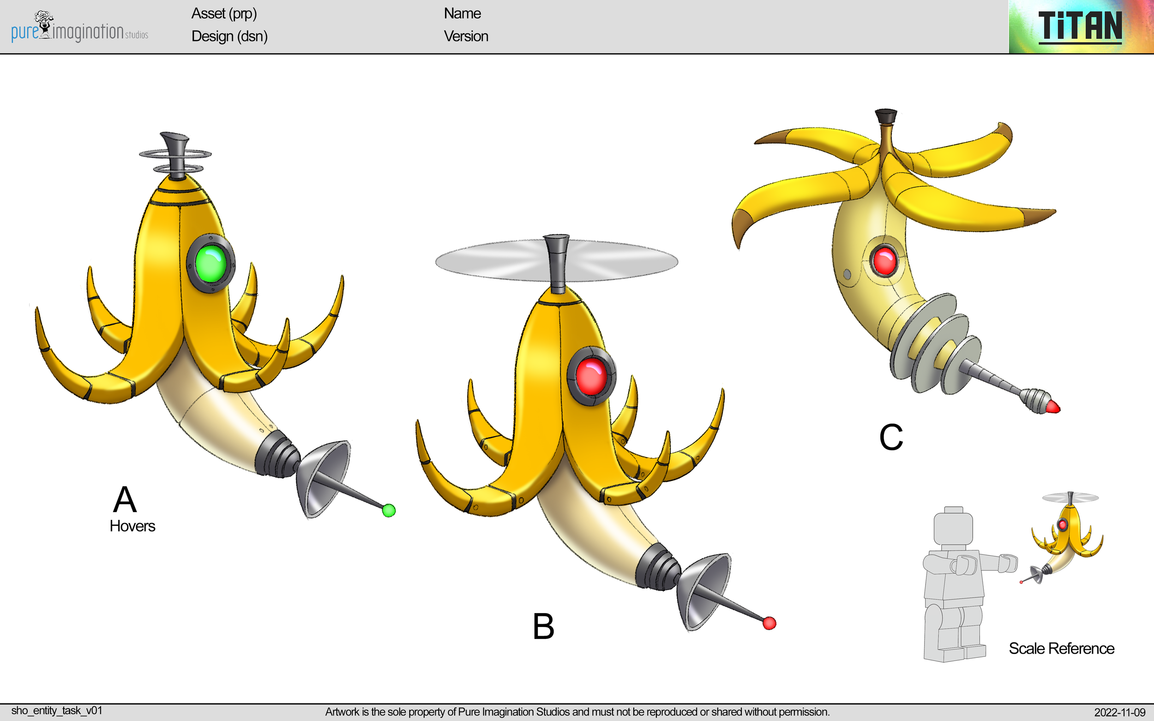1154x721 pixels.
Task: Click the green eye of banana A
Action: coord(210,264)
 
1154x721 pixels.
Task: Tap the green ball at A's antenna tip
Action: coord(389,510)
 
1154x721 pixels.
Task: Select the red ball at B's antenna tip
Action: coord(769,623)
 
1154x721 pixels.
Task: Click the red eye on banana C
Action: coord(884,260)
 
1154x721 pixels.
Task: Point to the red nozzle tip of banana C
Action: coord(1053,407)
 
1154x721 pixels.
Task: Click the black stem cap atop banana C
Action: coord(885,116)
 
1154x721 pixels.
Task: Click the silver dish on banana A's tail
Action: coord(324,477)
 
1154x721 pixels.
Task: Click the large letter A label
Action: coord(125,499)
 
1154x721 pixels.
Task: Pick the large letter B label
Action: coord(543,626)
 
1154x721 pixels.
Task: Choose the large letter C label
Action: coord(891,437)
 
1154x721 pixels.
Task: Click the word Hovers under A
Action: coord(132,526)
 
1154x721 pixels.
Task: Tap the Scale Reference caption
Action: coord(1061,649)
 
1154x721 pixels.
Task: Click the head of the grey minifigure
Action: coord(953,527)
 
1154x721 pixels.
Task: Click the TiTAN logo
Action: coord(1080,27)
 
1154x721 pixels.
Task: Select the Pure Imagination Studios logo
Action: coord(79,28)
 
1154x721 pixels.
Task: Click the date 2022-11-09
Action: coord(1119,712)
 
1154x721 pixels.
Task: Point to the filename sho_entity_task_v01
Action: coord(57,710)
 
